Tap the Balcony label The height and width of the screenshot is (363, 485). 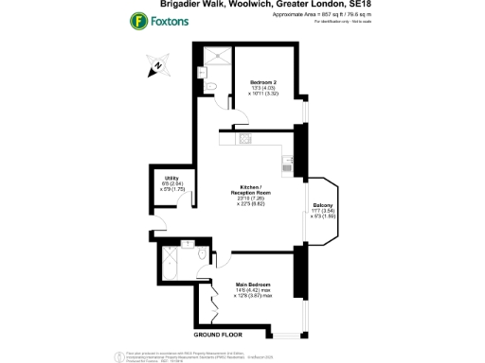[321, 206]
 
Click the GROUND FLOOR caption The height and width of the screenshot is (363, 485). [220, 335]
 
